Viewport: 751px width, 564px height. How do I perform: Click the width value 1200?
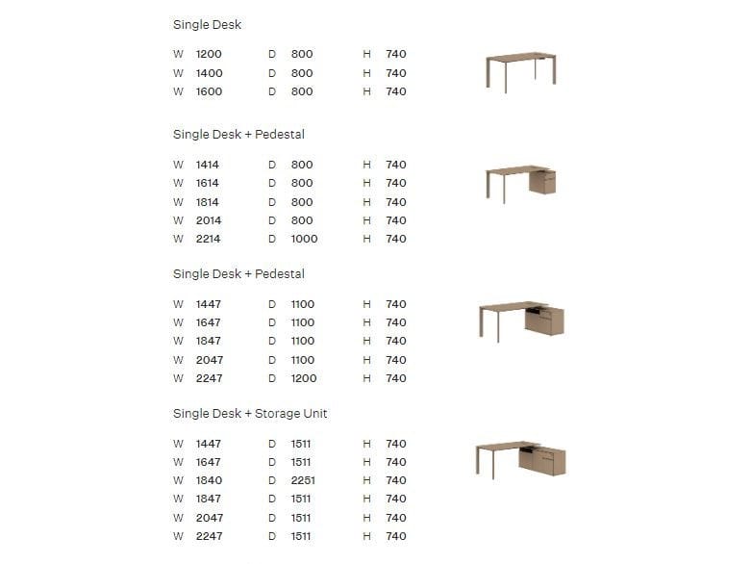(x=209, y=55)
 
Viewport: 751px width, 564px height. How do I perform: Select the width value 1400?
(x=209, y=73)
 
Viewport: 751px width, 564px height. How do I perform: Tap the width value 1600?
(x=209, y=91)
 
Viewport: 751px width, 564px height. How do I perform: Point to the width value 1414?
(x=208, y=165)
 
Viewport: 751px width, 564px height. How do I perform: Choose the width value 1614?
(x=208, y=183)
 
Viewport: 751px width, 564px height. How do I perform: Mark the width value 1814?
(x=208, y=202)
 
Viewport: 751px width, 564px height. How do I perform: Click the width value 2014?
(x=209, y=220)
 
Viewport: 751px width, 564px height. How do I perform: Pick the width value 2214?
(x=209, y=239)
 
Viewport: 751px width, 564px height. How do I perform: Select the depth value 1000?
(x=304, y=239)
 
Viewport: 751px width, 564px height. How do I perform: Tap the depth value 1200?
(x=303, y=378)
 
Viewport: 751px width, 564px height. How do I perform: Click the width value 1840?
(x=209, y=480)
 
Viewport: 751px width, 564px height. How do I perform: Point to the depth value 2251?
(x=303, y=480)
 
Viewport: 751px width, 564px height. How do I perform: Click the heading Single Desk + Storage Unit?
(x=250, y=414)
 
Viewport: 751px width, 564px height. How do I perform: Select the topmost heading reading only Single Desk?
(x=207, y=24)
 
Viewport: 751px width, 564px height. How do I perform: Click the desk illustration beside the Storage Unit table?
(x=520, y=460)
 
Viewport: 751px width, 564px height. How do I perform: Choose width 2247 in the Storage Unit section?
(x=209, y=536)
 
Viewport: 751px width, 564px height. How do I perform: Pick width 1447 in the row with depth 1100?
(x=209, y=304)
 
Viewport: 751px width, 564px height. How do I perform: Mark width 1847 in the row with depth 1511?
(x=209, y=499)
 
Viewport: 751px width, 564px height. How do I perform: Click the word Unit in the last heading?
(x=313, y=414)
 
